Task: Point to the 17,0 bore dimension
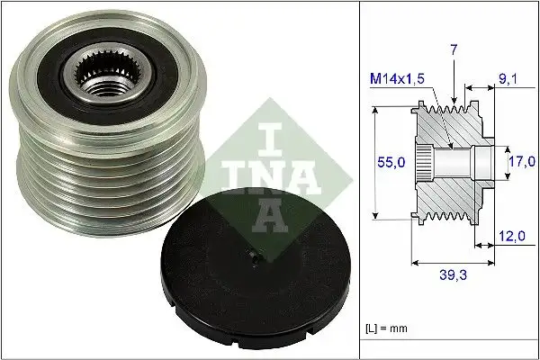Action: (x=516, y=164)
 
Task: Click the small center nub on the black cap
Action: (x=254, y=263)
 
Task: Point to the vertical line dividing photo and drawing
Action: (x=359, y=180)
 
